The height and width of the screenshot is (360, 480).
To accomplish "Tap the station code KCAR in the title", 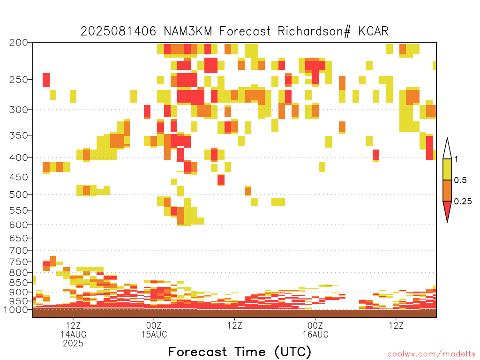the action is coord(373,31).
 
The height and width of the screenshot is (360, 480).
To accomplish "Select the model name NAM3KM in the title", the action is coord(188,31).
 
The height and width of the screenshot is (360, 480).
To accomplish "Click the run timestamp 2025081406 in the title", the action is coord(118,31).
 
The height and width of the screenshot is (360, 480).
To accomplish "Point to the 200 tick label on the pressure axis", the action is coord(19,43).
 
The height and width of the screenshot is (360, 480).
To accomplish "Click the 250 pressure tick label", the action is coord(19,80).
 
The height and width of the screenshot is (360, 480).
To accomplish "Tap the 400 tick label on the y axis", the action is coord(19,157).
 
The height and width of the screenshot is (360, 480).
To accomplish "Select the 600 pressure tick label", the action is coord(19,225).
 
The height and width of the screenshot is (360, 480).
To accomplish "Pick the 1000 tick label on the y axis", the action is coord(16,309).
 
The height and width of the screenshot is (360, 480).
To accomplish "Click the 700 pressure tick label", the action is coord(19,250).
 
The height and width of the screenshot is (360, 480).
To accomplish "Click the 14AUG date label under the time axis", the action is coord(73,334).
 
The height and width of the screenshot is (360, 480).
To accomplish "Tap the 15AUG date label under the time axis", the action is coord(154,334).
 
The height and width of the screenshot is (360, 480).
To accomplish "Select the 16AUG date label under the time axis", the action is coord(315,334).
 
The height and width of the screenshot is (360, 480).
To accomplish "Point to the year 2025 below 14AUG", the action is coord(73,344).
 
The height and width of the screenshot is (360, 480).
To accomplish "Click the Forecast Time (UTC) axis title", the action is coord(240,352).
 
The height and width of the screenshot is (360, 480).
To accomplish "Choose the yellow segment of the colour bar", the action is coord(447,169).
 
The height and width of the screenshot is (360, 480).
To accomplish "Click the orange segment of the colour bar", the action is coord(447,190).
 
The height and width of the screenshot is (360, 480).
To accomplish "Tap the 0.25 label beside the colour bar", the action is coord(463,202).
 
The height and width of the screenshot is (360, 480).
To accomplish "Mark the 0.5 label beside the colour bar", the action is coord(460,180).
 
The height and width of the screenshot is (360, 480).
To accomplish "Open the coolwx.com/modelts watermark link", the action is coord(431,354).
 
